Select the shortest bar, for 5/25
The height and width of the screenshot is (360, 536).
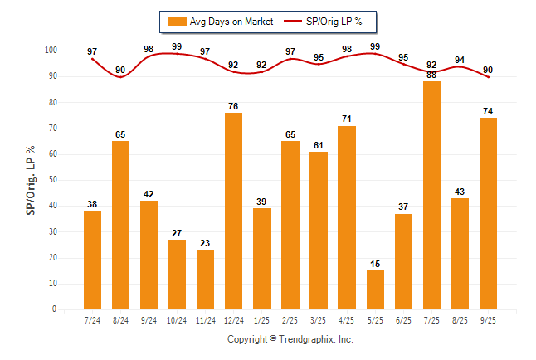pos(375,289)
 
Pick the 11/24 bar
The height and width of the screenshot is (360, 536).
pos(205,280)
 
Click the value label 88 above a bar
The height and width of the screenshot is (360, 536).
pos(431,75)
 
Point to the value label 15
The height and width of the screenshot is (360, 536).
pos(375,264)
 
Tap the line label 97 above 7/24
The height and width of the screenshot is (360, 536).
pos(92,52)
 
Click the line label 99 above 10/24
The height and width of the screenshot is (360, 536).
pos(177,47)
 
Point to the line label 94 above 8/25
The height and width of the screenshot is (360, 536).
pos(460,60)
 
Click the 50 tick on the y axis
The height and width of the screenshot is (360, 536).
pos(52,180)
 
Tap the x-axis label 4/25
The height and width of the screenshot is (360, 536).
pos(347,319)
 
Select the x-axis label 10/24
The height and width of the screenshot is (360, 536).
pos(177,319)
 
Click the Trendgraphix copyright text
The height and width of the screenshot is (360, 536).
pos(290,339)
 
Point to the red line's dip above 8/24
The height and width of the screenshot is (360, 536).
pos(121,76)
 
